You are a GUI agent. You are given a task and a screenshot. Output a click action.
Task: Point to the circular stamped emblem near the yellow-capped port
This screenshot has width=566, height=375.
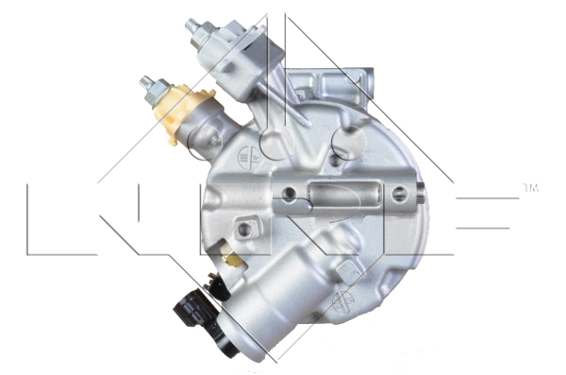249,156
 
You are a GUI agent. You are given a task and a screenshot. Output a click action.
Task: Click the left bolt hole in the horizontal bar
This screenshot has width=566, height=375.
291,196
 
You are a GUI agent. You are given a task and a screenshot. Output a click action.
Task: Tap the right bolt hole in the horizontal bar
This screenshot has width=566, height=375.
399,196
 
